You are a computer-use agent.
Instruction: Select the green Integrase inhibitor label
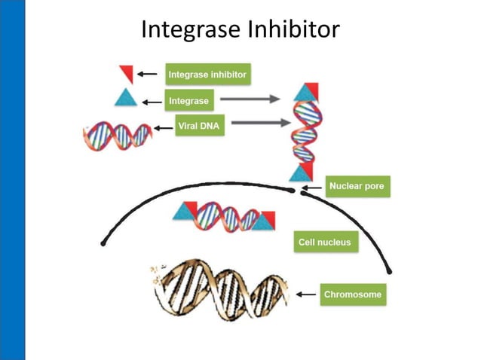click(x=207, y=75)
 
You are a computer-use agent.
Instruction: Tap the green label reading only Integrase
click(x=188, y=99)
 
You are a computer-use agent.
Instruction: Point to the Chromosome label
click(x=353, y=294)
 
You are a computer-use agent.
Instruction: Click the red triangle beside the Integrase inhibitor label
click(x=127, y=74)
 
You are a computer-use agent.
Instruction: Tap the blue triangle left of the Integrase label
click(x=124, y=98)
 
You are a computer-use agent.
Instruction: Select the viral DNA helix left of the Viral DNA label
click(x=117, y=135)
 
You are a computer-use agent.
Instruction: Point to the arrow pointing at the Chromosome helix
click(x=305, y=294)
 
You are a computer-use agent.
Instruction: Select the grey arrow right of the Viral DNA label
click(x=257, y=123)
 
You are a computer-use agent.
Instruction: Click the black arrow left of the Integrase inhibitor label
click(x=152, y=74)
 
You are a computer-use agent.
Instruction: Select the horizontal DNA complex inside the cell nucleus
click(x=224, y=217)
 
